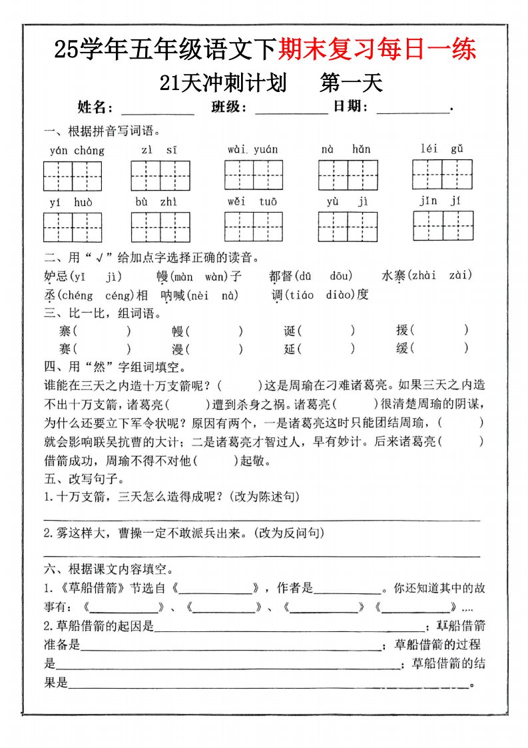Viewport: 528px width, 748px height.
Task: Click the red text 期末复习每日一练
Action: click(x=377, y=49)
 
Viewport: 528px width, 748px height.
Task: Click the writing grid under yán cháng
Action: click(x=73, y=177)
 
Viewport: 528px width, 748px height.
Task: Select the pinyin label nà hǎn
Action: click(x=346, y=149)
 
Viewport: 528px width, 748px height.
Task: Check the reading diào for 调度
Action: click(x=336, y=295)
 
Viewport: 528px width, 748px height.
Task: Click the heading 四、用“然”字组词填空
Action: click(x=115, y=367)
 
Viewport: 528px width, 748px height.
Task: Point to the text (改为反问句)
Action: click(x=290, y=533)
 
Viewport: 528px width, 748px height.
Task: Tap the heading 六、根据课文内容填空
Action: click(x=109, y=570)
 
